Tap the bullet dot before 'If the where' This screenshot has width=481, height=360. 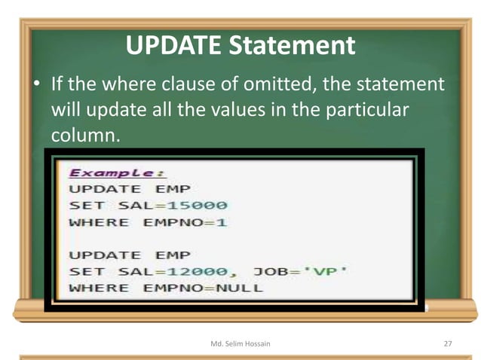click(x=36, y=84)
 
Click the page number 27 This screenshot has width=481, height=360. click(x=447, y=343)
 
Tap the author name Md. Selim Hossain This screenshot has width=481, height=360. click(x=239, y=343)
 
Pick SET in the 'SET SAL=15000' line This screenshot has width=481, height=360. click(x=83, y=205)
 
